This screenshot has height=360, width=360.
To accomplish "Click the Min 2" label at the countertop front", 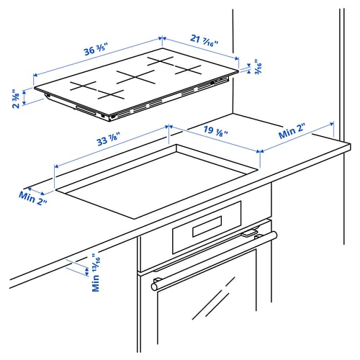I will pyautogui.click(x=33, y=197).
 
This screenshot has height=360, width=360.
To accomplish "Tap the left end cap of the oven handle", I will pyautogui.click(x=155, y=286).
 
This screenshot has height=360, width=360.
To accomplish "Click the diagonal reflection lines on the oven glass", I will pyautogui.click(x=213, y=302).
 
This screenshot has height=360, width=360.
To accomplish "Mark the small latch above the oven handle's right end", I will pyautogui.click(x=250, y=233).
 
